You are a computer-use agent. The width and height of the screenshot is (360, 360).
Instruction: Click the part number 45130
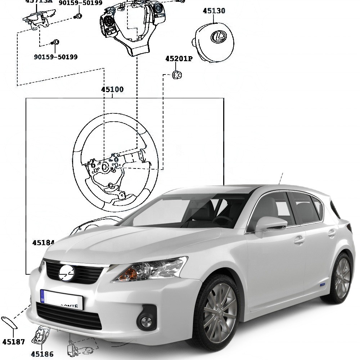[214, 11]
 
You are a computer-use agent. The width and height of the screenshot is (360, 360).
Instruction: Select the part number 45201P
[179, 59]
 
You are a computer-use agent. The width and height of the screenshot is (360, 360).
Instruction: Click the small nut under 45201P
[177, 75]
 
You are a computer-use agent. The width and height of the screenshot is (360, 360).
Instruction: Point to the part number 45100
[112, 90]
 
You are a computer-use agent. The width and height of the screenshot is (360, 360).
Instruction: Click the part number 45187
[13, 342]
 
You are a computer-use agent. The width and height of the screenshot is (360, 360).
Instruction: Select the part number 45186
[42, 354]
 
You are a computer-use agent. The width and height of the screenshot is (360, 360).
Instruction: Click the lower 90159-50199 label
[55, 57]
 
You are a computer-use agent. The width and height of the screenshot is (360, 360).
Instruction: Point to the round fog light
[146, 321]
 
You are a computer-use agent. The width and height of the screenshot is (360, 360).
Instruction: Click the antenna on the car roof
[280, 179]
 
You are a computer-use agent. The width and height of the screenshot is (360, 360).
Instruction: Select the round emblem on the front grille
[66, 273]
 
